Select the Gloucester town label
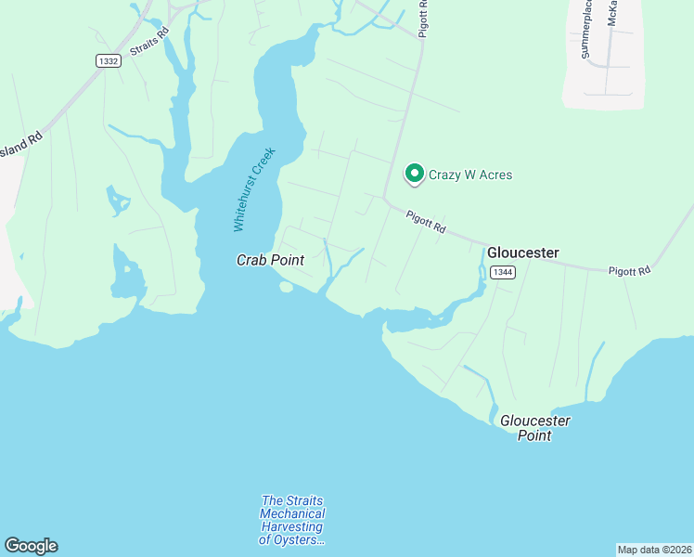523,253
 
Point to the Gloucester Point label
534,428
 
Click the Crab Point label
270,261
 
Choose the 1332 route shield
108,60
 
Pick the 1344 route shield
503,272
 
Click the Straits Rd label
150,43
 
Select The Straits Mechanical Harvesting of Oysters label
292,521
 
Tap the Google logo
31,546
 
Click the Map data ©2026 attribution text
653,550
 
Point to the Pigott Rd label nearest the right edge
630,271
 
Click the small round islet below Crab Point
286,287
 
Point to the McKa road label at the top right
612,26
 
